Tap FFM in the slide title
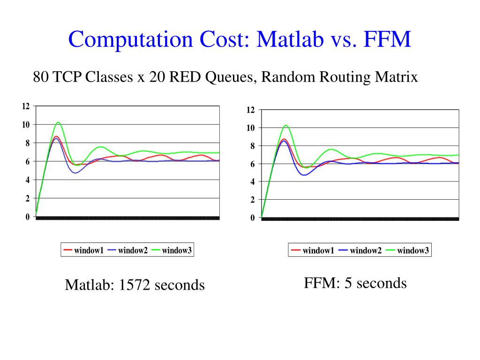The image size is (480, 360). coord(386,39)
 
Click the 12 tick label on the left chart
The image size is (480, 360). coord(26,106)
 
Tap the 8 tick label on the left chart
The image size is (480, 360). coord(27,143)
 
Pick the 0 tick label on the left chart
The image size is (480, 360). coord(27,217)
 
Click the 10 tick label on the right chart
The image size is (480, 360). coord(251,128)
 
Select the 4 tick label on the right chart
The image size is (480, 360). coord(253,182)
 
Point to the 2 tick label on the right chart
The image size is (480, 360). coord(253,200)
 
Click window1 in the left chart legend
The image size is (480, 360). coord(89,250)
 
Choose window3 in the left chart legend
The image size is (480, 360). coord(177,250)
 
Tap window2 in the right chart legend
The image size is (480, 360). coord(366,251)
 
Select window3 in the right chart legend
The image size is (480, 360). coord(413,251)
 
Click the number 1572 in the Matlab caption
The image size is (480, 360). coord(135,285)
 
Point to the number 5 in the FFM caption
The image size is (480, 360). coord(348,283)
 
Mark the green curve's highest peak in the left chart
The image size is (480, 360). coord(58,122)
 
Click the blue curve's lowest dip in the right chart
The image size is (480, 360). coord(305,175)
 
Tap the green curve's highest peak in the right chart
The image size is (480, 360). coord(285,125)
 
